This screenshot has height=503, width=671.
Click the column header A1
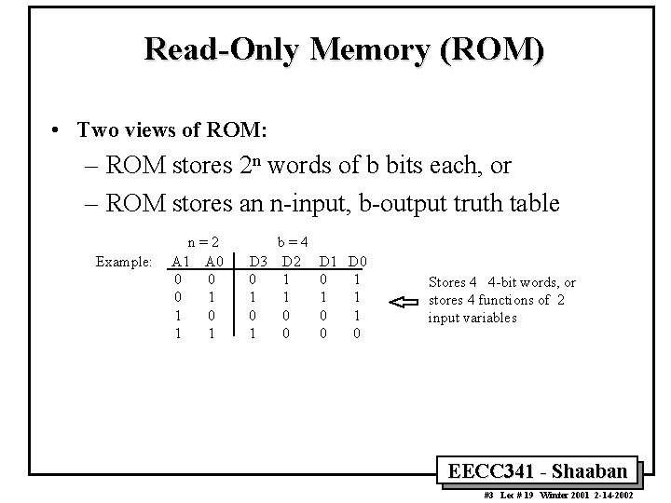[x=181, y=262]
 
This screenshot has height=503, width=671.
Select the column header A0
[x=213, y=262]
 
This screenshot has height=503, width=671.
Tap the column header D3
[x=258, y=262]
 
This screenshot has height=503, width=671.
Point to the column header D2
[x=292, y=262]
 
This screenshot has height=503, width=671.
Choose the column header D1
[x=329, y=262]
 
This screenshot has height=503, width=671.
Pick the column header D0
[x=358, y=262]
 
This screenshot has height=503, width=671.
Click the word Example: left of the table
[x=124, y=263]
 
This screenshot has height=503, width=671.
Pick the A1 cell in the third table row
[x=178, y=315]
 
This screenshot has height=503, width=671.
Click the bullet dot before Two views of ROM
[x=57, y=130]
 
